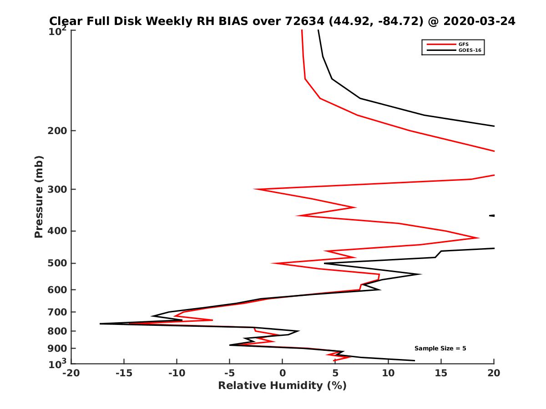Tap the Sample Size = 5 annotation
pos(440,349)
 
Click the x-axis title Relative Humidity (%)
pos(282,386)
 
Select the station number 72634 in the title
pos(304,21)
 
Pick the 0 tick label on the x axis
pos(283,373)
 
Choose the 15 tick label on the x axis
pos(441,373)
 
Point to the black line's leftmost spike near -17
pos(100,324)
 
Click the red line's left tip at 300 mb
pos(255,189)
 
